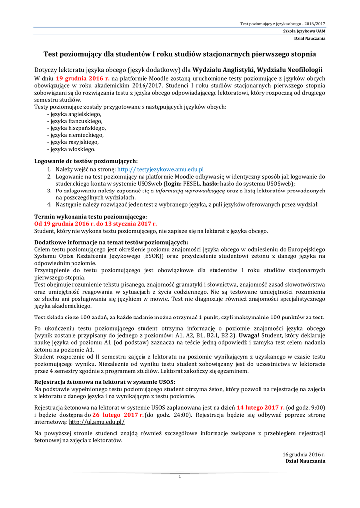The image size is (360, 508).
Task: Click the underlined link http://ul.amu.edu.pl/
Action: tap(96, 422)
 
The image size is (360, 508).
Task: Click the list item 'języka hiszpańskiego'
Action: tap(76, 127)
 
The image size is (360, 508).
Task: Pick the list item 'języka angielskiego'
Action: tap(74, 114)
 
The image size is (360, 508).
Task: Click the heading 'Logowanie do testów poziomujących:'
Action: tap(86, 161)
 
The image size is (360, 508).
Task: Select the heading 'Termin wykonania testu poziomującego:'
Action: tap(90, 217)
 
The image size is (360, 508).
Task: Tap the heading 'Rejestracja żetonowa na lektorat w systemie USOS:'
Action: tap(104, 381)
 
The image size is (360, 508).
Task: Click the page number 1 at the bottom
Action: tap(180, 476)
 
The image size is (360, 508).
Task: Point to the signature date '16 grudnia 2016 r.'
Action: tap(304, 454)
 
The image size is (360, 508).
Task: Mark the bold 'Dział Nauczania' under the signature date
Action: tap(305, 461)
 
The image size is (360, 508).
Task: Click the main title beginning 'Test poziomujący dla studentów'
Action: tap(180, 53)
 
